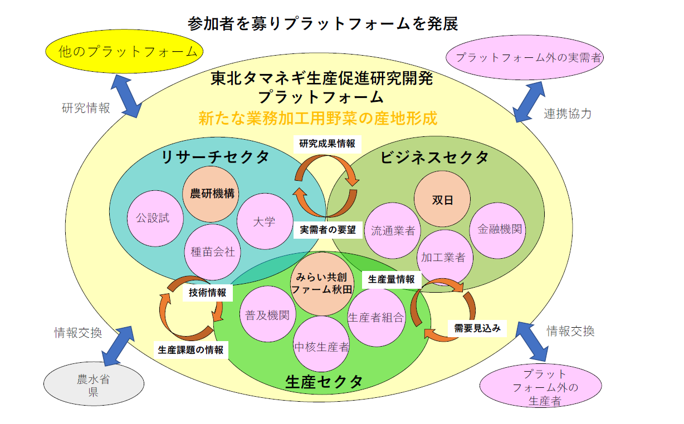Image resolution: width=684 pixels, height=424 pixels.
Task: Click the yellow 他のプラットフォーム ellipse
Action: pyautogui.click(x=128, y=52)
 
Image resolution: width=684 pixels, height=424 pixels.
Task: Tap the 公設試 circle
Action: pyautogui.click(x=153, y=218)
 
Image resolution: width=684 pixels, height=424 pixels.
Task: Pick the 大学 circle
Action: pyautogui.click(x=264, y=221)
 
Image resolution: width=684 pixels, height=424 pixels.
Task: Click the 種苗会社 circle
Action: pyautogui.click(x=213, y=252)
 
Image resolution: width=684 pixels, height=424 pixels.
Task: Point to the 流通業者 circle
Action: pyautogui.click(x=393, y=230)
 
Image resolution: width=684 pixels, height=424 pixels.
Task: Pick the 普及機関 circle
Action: pyautogui.click(x=267, y=315)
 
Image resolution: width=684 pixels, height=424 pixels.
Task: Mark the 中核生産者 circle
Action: pyautogui.click(x=322, y=346)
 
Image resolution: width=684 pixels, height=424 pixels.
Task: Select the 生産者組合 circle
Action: pyautogui.click(x=376, y=317)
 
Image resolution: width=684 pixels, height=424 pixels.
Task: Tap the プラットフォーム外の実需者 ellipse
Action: pyautogui.click(x=526, y=57)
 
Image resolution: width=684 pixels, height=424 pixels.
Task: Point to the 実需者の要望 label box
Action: pyautogui.click(x=328, y=230)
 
